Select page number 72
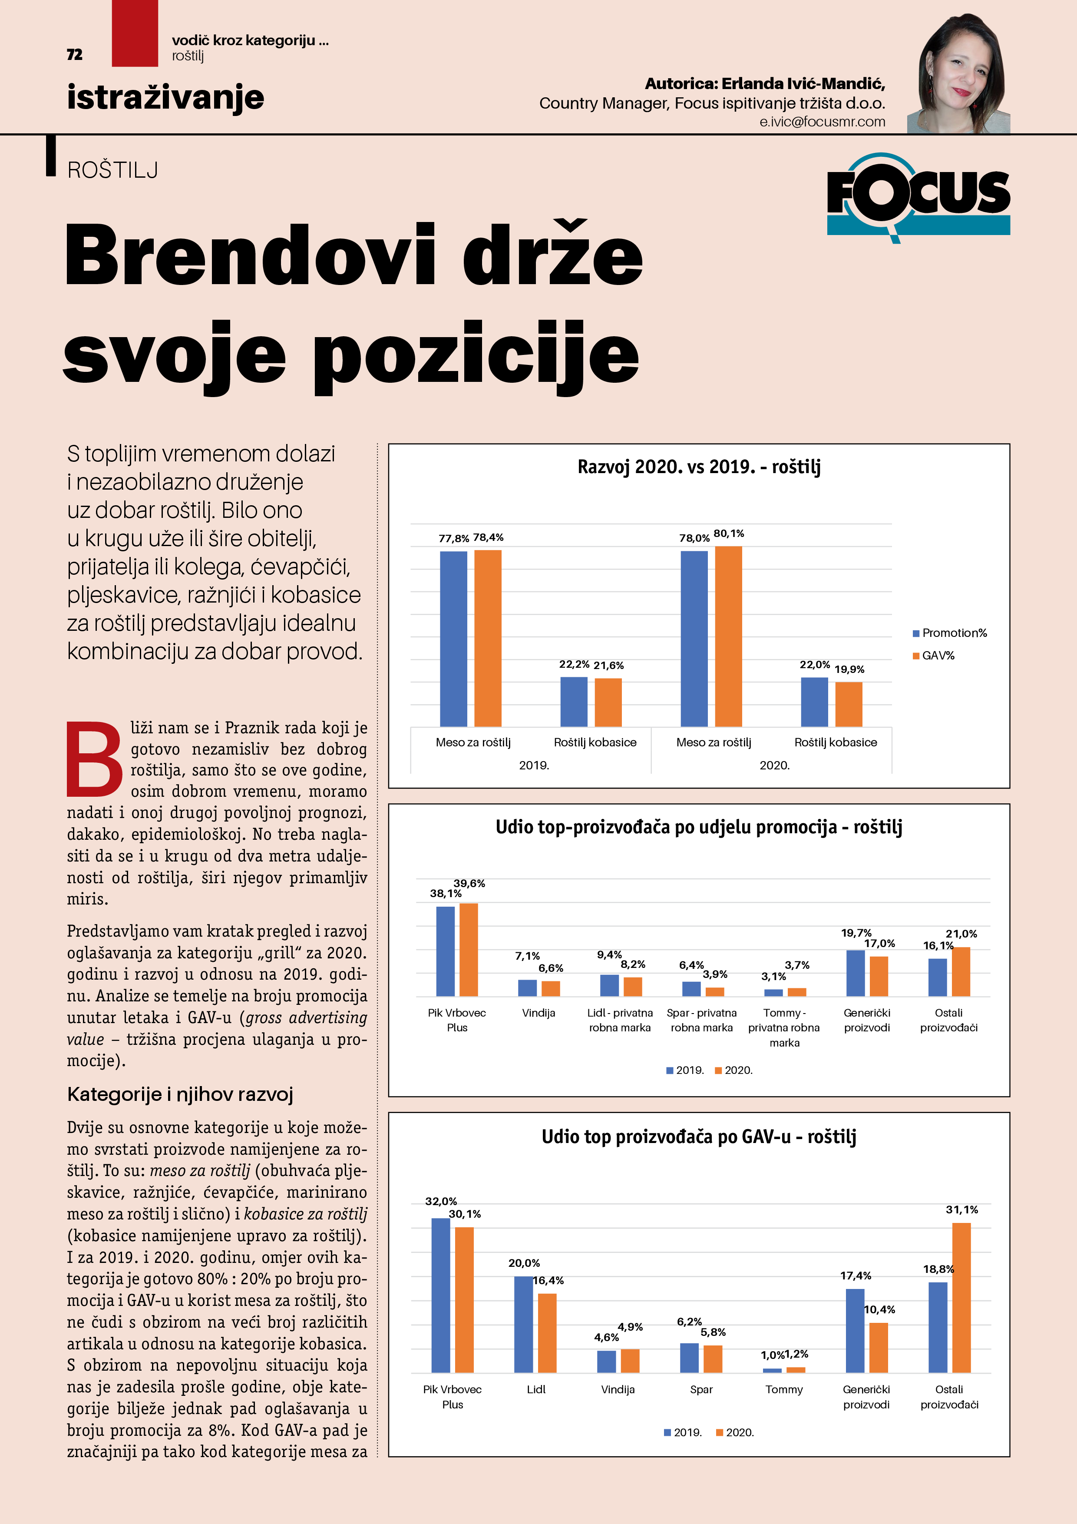pyautogui.click(x=74, y=54)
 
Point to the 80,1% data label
pyautogui.click(x=729, y=533)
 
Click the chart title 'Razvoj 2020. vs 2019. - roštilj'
pyautogui.click(x=699, y=467)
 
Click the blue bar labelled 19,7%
pyautogui.click(x=856, y=973)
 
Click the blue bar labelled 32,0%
pyautogui.click(x=441, y=1295)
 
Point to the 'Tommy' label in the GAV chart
pyautogui.click(x=784, y=1389)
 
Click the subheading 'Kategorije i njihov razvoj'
pyautogui.click(x=180, y=1094)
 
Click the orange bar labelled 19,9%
pyautogui.click(x=849, y=704)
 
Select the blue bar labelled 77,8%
pyautogui.click(x=453, y=639)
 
